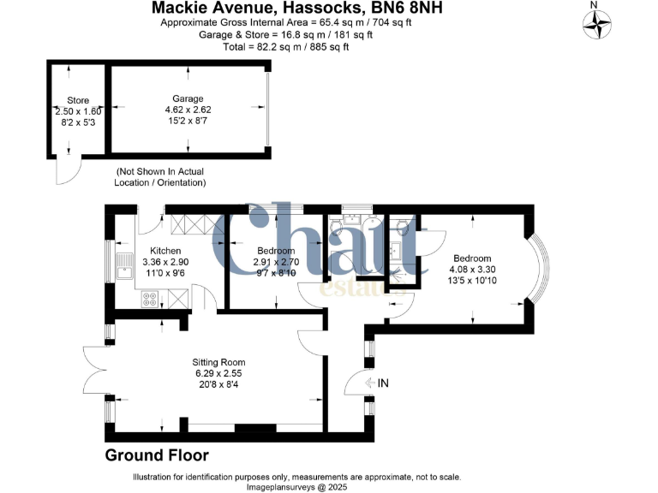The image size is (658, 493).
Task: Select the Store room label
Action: (x=77, y=100)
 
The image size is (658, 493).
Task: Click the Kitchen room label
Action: (x=143, y=251)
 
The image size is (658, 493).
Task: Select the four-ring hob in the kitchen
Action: (x=149, y=299)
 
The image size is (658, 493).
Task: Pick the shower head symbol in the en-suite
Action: (x=397, y=276)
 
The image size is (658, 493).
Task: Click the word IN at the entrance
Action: (x=382, y=383)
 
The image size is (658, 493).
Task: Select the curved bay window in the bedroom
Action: (x=541, y=270)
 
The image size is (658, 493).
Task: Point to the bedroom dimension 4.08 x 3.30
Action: (x=472, y=270)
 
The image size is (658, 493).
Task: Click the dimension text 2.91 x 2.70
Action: (x=276, y=262)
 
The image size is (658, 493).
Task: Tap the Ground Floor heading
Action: (x=157, y=454)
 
